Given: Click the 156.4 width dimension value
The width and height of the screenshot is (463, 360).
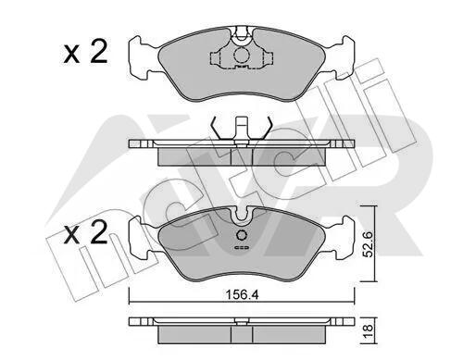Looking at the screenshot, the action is tap(243, 294).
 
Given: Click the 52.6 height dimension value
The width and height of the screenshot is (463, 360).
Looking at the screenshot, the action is tap(369, 244).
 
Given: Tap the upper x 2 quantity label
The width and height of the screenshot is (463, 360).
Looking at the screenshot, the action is tap(85, 52).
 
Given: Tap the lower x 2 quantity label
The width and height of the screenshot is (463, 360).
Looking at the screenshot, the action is tap(85, 232).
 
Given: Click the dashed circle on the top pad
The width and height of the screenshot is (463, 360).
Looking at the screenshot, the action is tap(242, 56).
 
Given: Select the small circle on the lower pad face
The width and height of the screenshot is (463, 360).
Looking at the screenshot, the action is tap(242, 235).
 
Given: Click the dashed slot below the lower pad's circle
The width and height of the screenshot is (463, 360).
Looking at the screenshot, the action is tap(242, 247).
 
